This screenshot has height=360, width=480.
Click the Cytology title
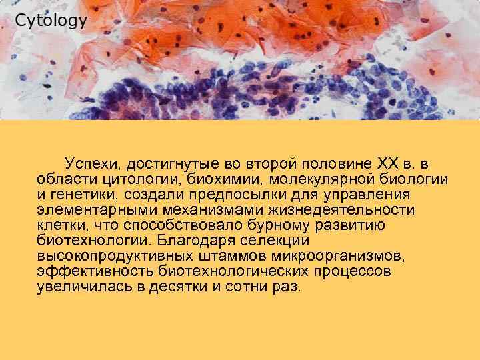click(51, 21)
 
